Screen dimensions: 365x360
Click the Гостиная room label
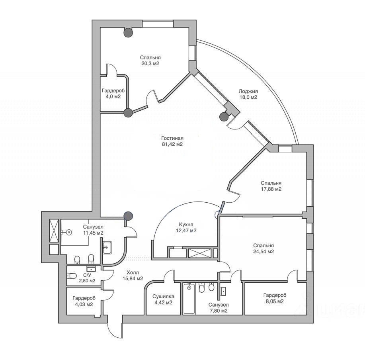172,138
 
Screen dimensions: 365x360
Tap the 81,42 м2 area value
172,145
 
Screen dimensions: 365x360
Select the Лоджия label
248,92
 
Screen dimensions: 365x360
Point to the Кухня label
186,225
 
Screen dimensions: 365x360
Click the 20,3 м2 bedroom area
150,64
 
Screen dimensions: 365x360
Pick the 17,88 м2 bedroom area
271,189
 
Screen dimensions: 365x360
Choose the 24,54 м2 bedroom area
264,252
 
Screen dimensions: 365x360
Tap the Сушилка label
163,297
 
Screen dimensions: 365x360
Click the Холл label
133,272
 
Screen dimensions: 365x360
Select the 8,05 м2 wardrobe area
275,301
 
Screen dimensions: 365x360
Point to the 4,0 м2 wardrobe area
113,97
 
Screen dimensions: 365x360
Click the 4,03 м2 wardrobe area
84,305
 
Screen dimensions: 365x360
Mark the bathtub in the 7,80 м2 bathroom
189,298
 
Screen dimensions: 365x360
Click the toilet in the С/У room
72,276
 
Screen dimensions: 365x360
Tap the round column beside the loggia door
224,117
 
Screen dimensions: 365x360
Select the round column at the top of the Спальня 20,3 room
128,33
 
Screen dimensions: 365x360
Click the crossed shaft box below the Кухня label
199,253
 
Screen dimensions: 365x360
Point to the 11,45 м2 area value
93,233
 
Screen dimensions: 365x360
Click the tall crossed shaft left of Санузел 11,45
54,231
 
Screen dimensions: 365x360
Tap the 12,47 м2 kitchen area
186,231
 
